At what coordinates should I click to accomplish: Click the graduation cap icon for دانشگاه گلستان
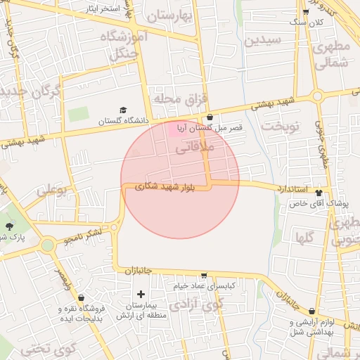[x=124, y=110]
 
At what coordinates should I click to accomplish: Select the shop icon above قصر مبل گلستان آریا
[x=210, y=117]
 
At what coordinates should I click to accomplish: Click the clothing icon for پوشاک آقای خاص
[x=319, y=193]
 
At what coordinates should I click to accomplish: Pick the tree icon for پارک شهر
[x=9, y=226]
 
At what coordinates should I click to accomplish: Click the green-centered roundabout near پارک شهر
[x=48, y=245]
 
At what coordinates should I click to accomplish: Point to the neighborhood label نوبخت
[x=280, y=125]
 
